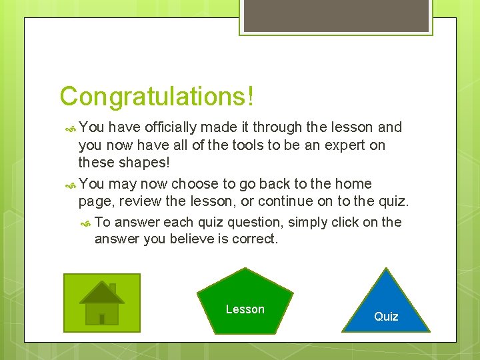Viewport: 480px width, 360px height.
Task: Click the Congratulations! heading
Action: coord(157,96)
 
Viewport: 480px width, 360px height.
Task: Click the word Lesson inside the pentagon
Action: coord(245,309)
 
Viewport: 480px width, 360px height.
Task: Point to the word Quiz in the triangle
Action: coord(386,317)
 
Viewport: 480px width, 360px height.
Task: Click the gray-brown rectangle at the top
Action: coord(335,15)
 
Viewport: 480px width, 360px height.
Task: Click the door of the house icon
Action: coord(101,319)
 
